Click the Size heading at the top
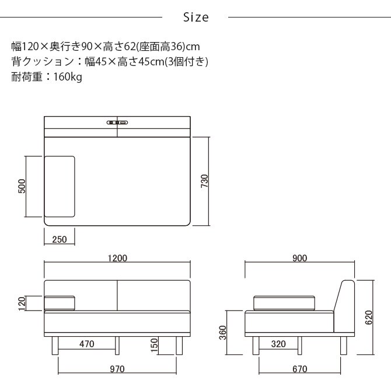(x=195, y=18)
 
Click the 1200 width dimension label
(x=118, y=258)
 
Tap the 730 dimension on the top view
(x=204, y=181)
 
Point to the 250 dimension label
(x=59, y=240)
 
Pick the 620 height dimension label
(x=368, y=317)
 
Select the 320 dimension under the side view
(x=278, y=344)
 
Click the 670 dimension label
(x=300, y=369)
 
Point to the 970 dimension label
(x=117, y=369)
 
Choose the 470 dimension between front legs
(x=86, y=344)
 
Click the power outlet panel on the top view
(x=117, y=122)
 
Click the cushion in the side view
(x=285, y=302)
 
